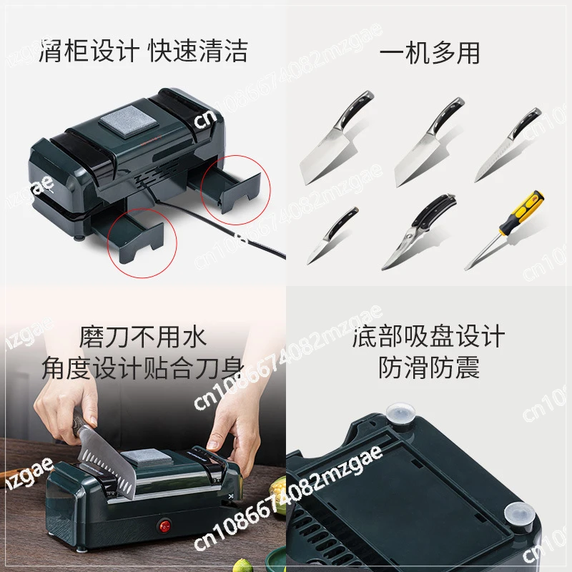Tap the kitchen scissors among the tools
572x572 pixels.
(420, 232)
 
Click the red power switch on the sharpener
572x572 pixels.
(165, 526)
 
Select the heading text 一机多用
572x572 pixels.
(430, 53)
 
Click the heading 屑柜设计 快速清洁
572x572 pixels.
(143, 50)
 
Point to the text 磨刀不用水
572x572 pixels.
(143, 336)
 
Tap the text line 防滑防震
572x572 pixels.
(429, 367)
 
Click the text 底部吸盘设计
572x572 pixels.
(429, 336)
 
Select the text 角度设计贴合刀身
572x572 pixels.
(143, 367)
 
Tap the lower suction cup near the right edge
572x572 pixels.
(520, 513)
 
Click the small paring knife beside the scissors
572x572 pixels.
(332, 235)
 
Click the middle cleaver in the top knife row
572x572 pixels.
(428, 142)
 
